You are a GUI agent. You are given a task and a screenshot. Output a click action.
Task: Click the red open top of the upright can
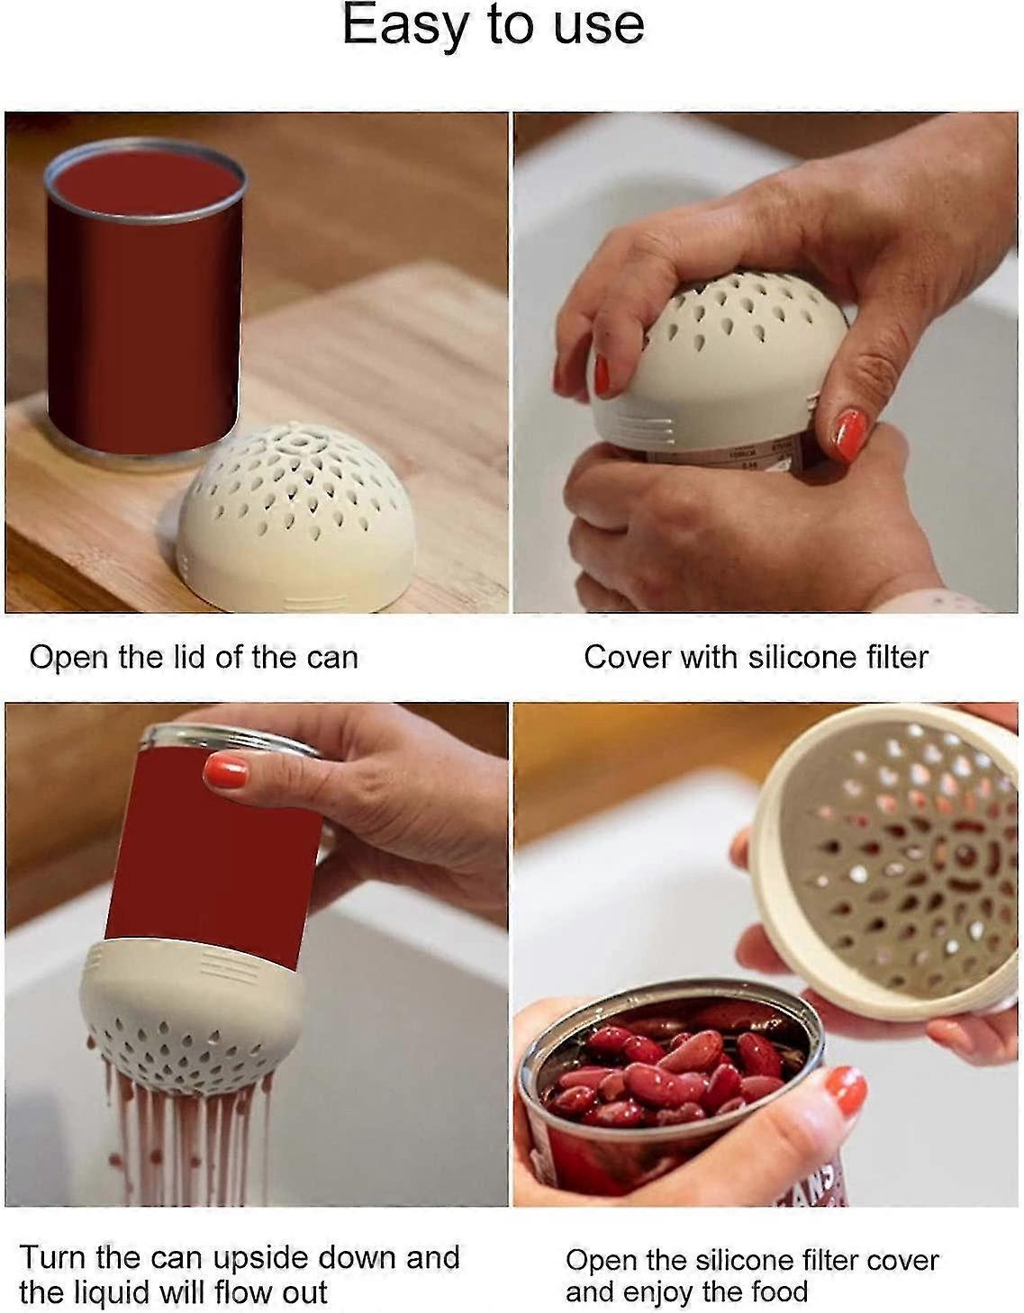146,183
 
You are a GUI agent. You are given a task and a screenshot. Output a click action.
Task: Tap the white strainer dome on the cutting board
295,517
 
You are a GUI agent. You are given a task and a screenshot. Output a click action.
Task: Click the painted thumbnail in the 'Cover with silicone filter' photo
850,435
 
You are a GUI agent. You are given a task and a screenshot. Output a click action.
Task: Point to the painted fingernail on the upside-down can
225,771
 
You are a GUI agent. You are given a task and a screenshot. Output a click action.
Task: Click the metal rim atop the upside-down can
230,740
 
